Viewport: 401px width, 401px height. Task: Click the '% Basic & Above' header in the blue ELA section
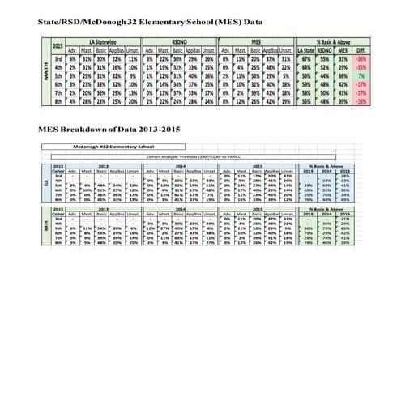tap(332, 164)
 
